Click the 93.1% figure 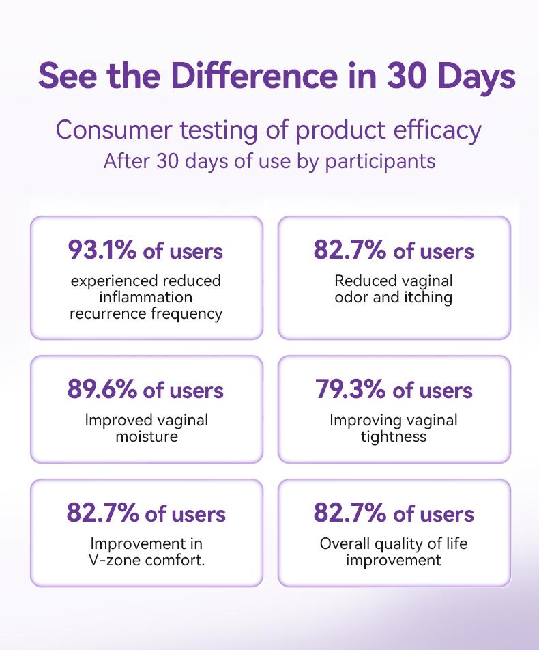pos(102,251)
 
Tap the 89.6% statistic pos(102,390)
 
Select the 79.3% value pos(350,390)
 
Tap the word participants pos(381,162)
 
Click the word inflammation pos(146,298)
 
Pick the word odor pos(352,298)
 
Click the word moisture pos(146,436)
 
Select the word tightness pos(394,436)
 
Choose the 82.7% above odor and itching pos(349,251)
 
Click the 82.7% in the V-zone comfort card pos(102,513)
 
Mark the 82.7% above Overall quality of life pos(349,513)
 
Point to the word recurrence pos(109,313)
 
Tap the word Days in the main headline pos(478,76)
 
